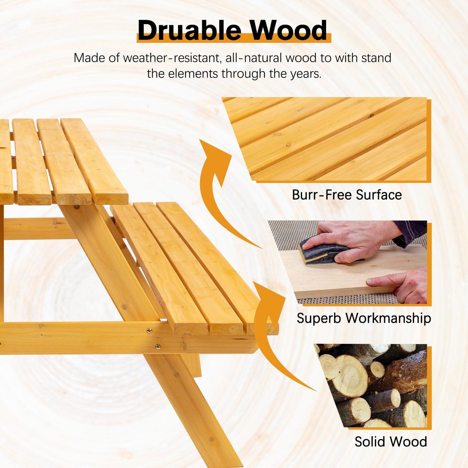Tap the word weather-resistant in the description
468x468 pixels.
pos(171,58)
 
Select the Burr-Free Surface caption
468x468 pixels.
pos(347,195)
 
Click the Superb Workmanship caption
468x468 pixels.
pos(364,318)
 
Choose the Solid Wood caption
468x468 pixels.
pos(391,442)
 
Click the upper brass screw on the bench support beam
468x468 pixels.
pos(149,331)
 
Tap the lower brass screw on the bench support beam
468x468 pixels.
pos(158,347)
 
